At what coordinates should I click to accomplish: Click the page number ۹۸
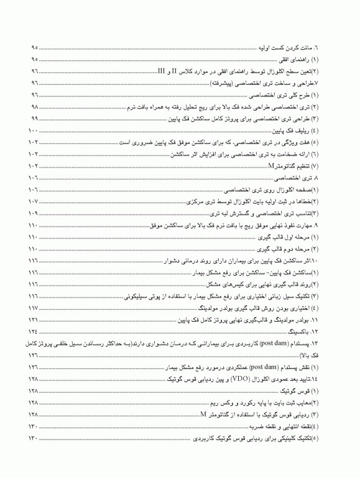[x=34, y=106]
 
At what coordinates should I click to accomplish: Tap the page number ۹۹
[x=34, y=118]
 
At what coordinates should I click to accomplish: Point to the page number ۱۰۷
[x=34, y=201]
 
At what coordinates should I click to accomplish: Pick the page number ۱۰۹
[x=34, y=213]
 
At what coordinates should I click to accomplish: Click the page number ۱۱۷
[x=34, y=307]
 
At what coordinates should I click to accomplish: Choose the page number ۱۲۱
[x=34, y=319]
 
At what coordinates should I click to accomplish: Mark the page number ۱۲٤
[x=34, y=331]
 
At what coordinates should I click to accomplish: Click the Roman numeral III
[x=162, y=71]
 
